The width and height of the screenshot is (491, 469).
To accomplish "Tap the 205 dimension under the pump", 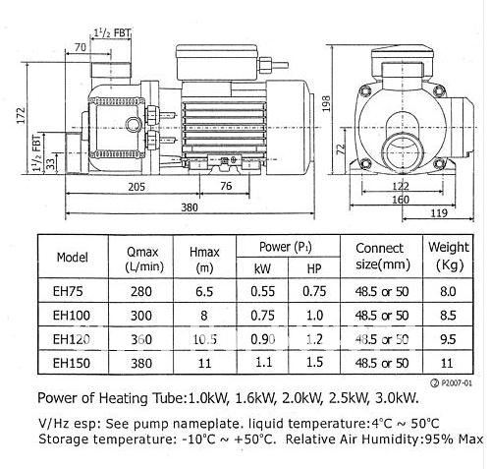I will tap(136, 187).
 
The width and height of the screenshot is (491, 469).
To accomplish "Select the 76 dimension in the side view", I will tap(225, 187).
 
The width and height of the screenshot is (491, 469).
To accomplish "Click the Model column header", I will tap(73, 258).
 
